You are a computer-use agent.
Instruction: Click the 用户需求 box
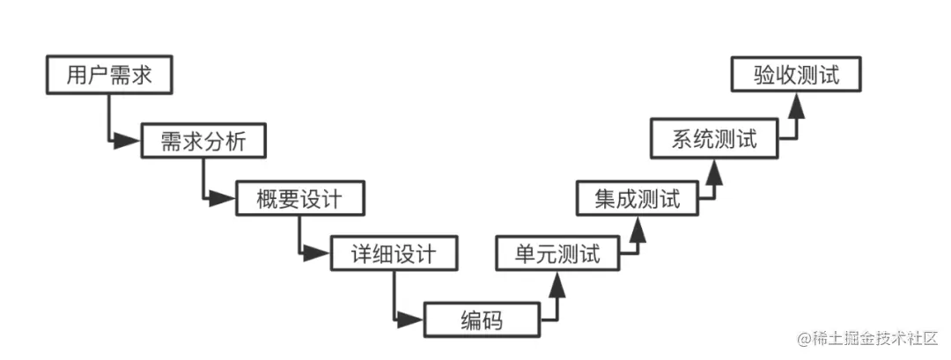click(107, 76)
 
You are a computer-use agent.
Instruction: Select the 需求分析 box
click(202, 141)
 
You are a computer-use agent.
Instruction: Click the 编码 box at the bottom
click(481, 320)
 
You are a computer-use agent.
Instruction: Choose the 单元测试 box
click(557, 255)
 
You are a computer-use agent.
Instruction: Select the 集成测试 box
click(638, 199)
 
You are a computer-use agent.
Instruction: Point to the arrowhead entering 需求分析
click(129, 140)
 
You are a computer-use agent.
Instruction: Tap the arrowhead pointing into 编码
click(414, 320)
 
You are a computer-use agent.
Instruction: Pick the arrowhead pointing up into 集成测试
click(638, 227)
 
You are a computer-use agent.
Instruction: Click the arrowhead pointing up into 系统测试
click(714, 170)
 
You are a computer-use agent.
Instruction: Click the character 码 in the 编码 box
click(491, 320)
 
